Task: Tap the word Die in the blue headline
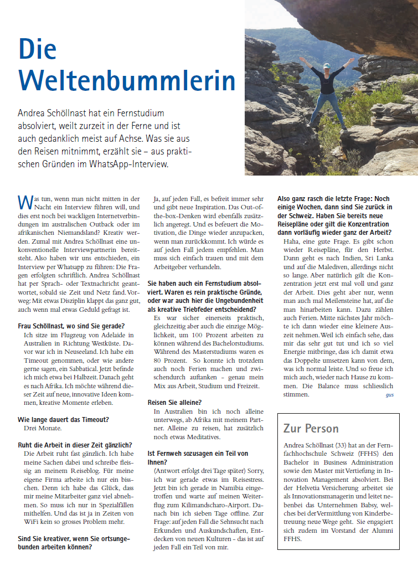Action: pyautogui.click(x=39, y=48)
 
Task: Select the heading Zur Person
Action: pyautogui.click(x=311, y=428)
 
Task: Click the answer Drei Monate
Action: pyautogui.click(x=43, y=428)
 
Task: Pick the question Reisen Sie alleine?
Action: pyautogui.click(x=175, y=402)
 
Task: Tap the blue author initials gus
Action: pyautogui.click(x=389, y=395)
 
